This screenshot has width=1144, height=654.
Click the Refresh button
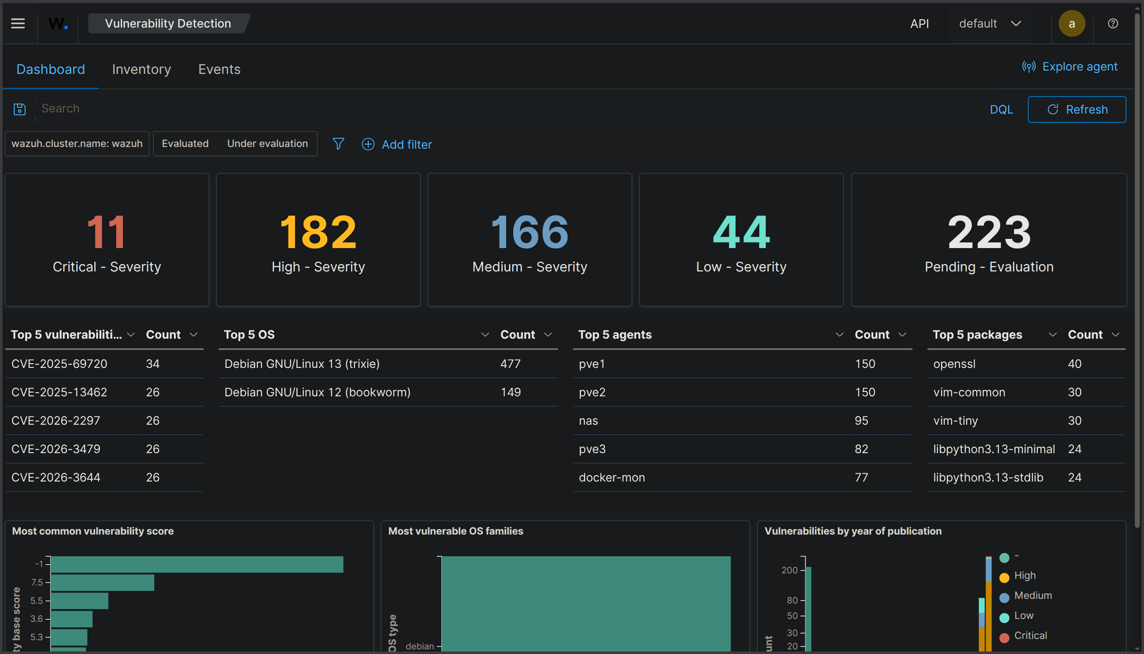click(1077, 109)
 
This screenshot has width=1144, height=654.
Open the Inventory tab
click(141, 69)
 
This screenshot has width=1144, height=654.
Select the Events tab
click(219, 69)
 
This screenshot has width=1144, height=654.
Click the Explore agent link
click(1070, 66)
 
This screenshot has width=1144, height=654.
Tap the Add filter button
click(397, 144)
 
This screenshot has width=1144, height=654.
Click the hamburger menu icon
click(18, 23)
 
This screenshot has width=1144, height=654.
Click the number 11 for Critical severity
click(107, 232)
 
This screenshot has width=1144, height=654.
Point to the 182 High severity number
click(318, 232)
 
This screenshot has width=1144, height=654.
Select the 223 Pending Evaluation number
click(989, 232)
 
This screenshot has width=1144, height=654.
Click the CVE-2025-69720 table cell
click(59, 364)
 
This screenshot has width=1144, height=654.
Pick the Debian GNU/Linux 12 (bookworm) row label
click(317, 392)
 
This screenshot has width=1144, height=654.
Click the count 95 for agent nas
click(861, 421)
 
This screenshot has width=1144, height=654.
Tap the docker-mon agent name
click(612, 477)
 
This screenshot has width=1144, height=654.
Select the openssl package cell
click(954, 364)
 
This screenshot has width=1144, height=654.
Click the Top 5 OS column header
click(250, 335)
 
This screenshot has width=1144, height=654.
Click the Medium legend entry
click(1032, 596)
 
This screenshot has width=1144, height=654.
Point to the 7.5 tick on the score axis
click(37, 583)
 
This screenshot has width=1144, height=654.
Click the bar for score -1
click(197, 565)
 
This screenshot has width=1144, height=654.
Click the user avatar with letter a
click(1072, 23)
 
